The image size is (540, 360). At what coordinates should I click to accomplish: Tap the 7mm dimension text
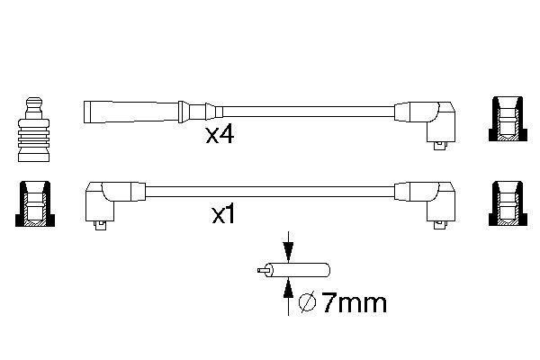[x=354, y=303]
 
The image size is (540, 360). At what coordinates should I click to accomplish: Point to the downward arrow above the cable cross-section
[x=288, y=247]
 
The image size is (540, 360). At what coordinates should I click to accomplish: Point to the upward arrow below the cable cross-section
[x=288, y=288]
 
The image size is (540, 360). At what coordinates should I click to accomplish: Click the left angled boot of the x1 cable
[x=106, y=199]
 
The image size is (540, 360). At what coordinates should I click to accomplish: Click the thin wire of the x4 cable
[x=306, y=112]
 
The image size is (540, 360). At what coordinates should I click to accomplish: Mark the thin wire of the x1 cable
[x=270, y=191]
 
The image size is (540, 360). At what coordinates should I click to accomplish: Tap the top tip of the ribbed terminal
[x=32, y=98]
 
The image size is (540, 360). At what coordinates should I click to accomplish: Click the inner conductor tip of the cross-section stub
[x=260, y=269]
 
